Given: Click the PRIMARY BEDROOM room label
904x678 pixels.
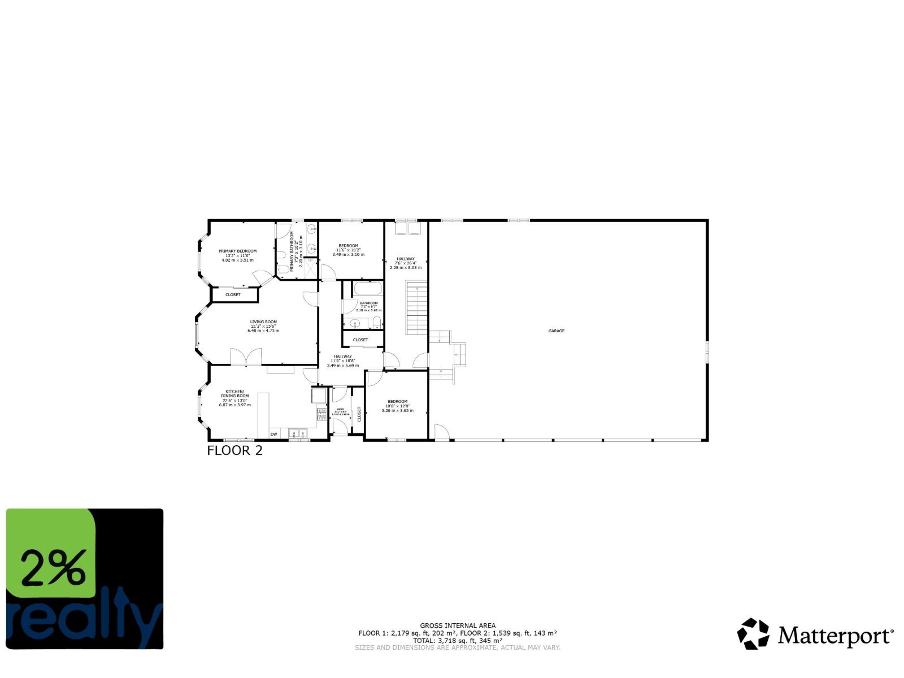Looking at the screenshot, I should click(237, 251).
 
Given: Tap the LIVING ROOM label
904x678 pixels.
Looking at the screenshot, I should click(263, 322).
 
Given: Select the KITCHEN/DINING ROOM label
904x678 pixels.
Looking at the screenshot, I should click(235, 394).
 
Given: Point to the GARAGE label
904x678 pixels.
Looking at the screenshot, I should click(556, 331).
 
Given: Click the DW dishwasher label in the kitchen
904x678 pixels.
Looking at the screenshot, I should click(273, 434).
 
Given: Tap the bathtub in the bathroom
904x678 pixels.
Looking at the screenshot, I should click(368, 290).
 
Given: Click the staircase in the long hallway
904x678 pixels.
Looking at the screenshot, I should click(417, 309).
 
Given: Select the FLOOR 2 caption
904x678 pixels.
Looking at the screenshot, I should click(234, 450).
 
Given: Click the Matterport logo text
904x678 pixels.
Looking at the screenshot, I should click(836, 636).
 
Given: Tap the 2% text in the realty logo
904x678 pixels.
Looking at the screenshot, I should click(54, 567).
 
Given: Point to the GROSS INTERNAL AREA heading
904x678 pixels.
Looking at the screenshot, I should click(458, 625).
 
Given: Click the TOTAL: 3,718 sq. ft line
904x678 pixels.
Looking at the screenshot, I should click(458, 641).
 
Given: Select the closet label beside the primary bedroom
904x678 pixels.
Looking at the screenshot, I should click(233, 294).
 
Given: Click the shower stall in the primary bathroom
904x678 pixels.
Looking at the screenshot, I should click(310, 268).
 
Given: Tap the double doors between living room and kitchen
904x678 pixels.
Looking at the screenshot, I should click(246, 357).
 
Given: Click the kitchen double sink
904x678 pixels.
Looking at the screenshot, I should click(297, 434).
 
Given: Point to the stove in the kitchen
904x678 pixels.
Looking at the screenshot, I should click(321, 414).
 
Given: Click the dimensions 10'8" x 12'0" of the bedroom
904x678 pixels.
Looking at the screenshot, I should click(397, 406).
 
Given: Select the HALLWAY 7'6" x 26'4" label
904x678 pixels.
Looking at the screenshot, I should click(406, 261).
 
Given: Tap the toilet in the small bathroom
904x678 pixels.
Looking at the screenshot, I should click(377, 323).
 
